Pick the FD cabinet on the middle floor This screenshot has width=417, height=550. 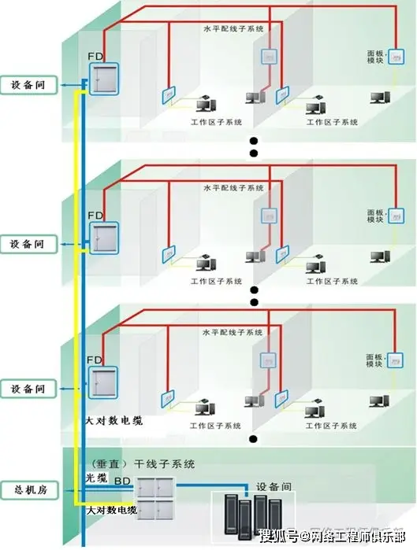point(102,237)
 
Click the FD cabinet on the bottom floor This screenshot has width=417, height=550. point(102,386)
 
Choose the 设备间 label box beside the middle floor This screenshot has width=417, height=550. point(29,244)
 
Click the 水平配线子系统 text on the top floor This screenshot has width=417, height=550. point(233,29)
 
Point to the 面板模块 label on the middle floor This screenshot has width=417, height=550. point(376,216)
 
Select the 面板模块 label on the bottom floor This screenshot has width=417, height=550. point(376,360)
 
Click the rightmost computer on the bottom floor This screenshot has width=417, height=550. point(382,401)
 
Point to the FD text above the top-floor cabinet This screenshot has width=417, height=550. point(95,57)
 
